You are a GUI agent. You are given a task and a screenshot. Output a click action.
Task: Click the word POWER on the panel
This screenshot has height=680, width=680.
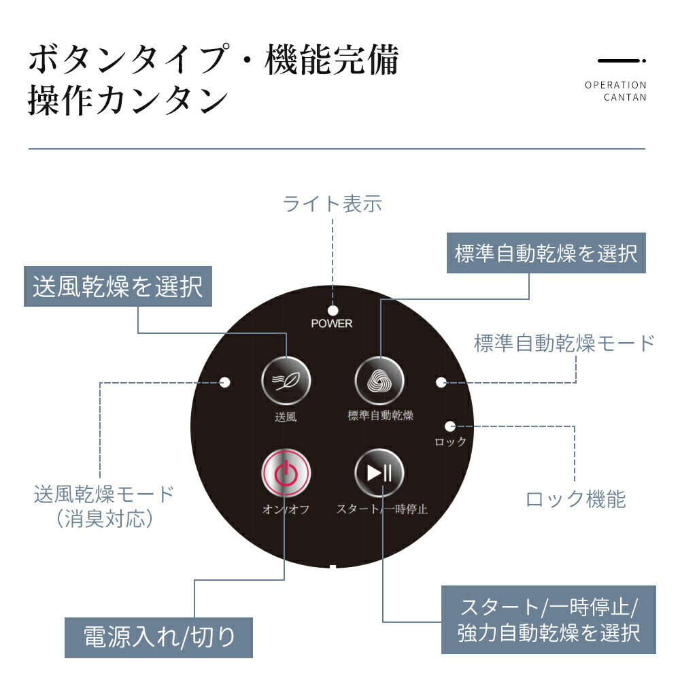[x=332, y=324]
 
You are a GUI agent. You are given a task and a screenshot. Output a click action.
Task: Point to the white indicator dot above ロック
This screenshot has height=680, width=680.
[x=449, y=426]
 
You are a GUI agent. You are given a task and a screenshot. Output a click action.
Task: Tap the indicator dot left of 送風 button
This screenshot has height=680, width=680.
[x=226, y=382]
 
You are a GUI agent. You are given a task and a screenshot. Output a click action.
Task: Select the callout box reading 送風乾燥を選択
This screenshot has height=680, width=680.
[x=118, y=286]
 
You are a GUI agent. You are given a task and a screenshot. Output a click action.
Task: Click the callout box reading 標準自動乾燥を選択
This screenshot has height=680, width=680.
[x=545, y=254]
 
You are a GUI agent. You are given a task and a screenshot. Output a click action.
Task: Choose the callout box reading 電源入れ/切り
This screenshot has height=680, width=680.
[x=158, y=637]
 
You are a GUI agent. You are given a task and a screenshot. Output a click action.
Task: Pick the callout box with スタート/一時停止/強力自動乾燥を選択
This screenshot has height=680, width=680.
[x=548, y=619]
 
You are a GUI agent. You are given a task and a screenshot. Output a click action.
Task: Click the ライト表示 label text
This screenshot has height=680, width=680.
[x=332, y=203]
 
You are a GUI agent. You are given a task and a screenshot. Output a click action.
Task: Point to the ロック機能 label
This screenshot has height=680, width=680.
[x=575, y=499]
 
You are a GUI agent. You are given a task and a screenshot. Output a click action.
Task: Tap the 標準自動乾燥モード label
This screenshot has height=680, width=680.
[x=564, y=343]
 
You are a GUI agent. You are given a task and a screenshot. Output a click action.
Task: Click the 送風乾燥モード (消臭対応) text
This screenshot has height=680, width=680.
[x=104, y=506]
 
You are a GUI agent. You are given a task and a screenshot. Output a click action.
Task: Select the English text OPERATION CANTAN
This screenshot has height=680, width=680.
[x=615, y=91]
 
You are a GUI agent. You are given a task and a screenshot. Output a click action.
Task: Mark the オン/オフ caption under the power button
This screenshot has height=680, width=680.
[x=286, y=509]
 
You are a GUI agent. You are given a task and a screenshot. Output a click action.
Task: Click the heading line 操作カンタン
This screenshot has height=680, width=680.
[x=127, y=101]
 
